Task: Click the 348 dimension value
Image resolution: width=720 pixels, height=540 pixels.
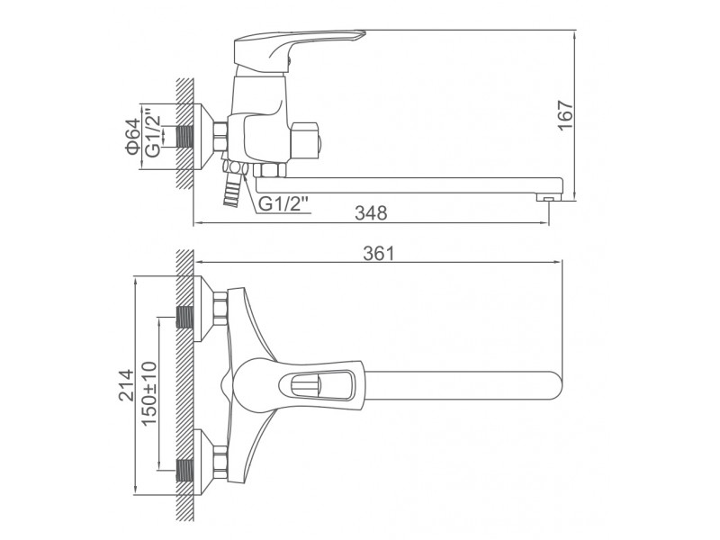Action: (371, 212)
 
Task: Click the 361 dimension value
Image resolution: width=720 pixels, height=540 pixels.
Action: (379, 254)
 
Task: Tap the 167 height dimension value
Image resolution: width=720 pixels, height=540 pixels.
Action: (566, 115)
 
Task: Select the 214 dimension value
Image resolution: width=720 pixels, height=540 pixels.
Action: (126, 385)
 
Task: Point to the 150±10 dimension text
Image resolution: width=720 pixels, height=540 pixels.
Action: (149, 393)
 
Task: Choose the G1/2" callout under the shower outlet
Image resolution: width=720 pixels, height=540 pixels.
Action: (284, 203)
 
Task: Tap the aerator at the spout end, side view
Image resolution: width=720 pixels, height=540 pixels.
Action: (549, 198)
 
